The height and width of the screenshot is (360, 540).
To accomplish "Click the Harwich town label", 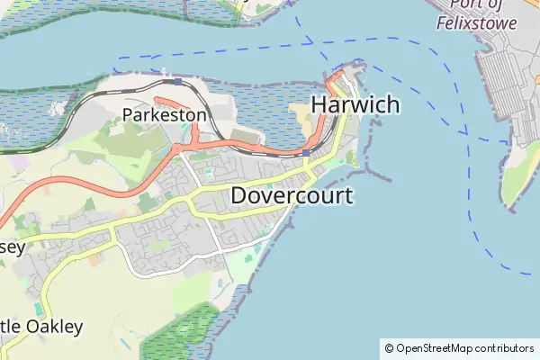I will tap(355, 104).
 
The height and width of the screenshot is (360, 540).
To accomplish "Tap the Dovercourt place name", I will tap(291, 195).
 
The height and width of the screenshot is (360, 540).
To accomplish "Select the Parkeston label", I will tap(165, 114).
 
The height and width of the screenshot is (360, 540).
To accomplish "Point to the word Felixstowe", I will tap(477, 23).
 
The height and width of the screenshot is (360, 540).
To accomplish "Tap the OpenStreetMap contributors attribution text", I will tap(464, 347).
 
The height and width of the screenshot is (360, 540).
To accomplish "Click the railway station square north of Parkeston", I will tap(178, 82).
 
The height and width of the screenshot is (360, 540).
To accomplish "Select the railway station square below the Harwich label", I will tap(307, 153).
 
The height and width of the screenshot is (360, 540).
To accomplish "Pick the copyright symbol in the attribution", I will tap(389, 347).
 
